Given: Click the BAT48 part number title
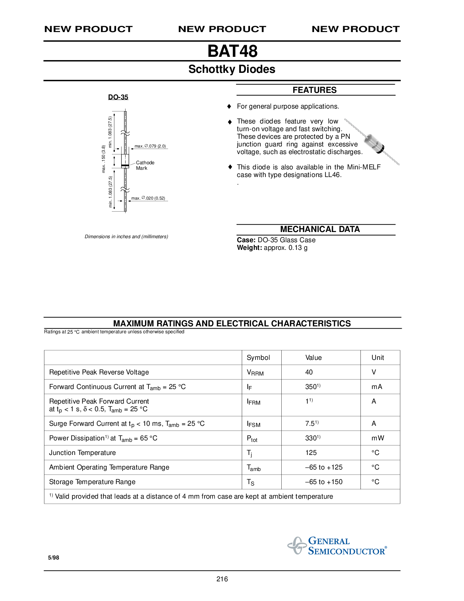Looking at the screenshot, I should pyautogui.click(x=232, y=51).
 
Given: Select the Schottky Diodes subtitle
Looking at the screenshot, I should pyautogui.click(x=232, y=69).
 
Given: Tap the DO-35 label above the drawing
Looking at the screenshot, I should pyautogui.click(x=118, y=97).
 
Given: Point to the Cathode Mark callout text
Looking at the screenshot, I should pyautogui.click(x=145, y=165).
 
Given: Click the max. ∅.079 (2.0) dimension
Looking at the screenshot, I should pyautogui.click(x=150, y=146).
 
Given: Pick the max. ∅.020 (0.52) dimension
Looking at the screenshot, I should pyautogui.click(x=148, y=198).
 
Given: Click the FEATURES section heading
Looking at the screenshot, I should pyautogui.click(x=314, y=90).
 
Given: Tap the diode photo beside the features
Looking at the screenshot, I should pyautogui.click(x=373, y=142).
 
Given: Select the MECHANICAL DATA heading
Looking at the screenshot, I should pyautogui.click(x=320, y=229).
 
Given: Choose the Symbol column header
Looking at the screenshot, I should pyautogui.click(x=258, y=358).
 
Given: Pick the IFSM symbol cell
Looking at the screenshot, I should pyautogui.click(x=254, y=424).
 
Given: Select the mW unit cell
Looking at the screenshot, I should pyautogui.click(x=378, y=438).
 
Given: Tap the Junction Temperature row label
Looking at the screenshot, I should pyautogui.click(x=82, y=453).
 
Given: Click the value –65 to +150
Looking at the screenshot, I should pyautogui.click(x=324, y=482).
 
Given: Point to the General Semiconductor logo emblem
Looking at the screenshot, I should pyautogui.click(x=297, y=546).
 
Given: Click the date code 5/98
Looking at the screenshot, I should pyautogui.click(x=53, y=558).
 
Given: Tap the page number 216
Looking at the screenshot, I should pyautogui.click(x=222, y=579).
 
